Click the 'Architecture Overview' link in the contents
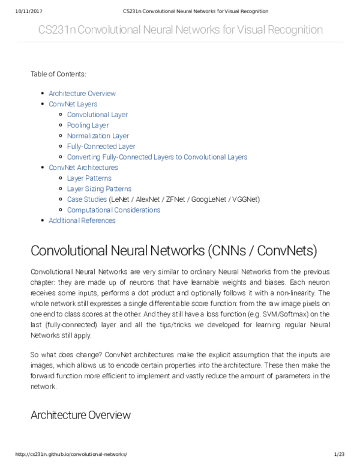click(x=82, y=94)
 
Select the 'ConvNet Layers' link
click(x=73, y=104)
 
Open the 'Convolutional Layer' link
click(x=97, y=115)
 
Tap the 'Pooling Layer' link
click(x=88, y=126)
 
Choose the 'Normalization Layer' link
click(x=98, y=136)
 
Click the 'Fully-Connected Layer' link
click(x=101, y=147)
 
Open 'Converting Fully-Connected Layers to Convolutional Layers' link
click(x=157, y=157)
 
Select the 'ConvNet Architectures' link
click(x=83, y=168)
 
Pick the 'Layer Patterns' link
click(x=89, y=178)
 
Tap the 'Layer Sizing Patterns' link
click(x=99, y=189)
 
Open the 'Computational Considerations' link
click(x=113, y=210)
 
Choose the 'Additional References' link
click(x=82, y=220)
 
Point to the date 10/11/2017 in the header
click(x=25, y=11)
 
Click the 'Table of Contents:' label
click(x=58, y=74)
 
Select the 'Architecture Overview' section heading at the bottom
click(x=80, y=415)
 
